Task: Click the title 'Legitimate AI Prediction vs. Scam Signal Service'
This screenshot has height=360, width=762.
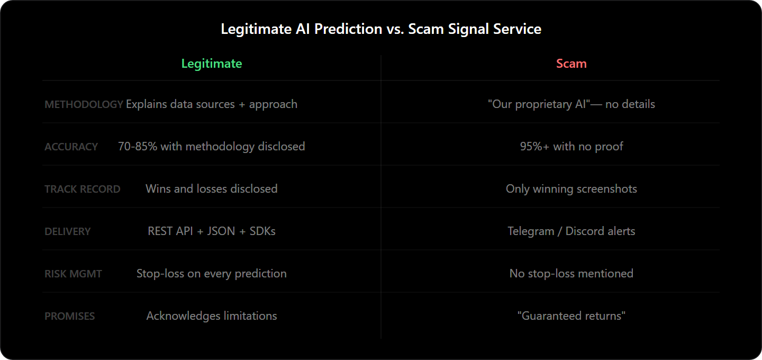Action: pos(381,29)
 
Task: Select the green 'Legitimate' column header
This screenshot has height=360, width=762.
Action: pos(212,64)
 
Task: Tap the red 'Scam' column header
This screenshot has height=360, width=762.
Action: pos(571,64)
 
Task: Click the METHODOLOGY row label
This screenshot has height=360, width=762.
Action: pos(84,104)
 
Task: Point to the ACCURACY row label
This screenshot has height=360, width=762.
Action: pos(71,147)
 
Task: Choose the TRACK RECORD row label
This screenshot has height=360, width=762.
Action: pos(82,189)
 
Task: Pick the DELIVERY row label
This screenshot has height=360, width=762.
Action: pos(67,231)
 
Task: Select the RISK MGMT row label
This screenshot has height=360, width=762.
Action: pos(73,274)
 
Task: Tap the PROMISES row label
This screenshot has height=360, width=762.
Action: pos(69,316)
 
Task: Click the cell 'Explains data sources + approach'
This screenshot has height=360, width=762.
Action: pos(212,104)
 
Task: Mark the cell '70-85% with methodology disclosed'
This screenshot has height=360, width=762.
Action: pos(212,147)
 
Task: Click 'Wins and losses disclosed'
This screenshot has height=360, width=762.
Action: pos(212,189)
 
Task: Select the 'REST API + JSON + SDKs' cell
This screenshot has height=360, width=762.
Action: pos(212,231)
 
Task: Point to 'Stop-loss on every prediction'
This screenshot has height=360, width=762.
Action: pos(212,274)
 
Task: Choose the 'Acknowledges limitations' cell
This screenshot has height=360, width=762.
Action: pos(212,316)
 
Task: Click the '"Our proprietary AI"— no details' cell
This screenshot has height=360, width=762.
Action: pos(571,104)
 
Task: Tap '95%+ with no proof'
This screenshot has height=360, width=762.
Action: pos(571,147)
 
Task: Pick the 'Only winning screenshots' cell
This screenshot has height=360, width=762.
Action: pos(571,189)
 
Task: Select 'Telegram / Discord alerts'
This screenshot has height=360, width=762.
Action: pos(571,231)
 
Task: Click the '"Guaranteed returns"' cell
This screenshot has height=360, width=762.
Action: pos(571,316)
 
